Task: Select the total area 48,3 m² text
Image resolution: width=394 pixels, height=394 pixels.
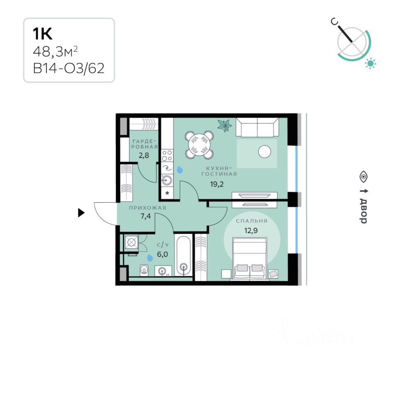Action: click(x=55, y=52)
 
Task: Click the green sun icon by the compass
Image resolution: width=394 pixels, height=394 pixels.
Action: click(x=371, y=63)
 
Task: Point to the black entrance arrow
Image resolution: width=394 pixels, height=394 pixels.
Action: click(x=81, y=213)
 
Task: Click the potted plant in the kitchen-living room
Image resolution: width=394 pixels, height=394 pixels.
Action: click(x=224, y=125)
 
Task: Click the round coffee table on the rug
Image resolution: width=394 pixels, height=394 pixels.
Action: click(x=265, y=152)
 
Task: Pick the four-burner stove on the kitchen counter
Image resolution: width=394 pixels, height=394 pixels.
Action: click(x=167, y=155)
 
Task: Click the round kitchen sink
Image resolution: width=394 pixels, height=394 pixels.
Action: click(x=167, y=179)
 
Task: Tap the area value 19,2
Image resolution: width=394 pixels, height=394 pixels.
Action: click(x=218, y=184)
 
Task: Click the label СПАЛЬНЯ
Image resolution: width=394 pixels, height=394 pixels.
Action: click(x=252, y=221)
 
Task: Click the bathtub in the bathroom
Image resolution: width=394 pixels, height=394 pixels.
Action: click(x=183, y=254)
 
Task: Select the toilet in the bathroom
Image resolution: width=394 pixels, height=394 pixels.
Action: click(x=144, y=270)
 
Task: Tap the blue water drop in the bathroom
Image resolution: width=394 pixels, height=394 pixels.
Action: click(x=150, y=257)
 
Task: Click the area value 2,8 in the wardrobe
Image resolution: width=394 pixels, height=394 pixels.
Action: click(x=144, y=156)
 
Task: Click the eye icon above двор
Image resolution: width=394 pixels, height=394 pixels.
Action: click(x=363, y=176)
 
